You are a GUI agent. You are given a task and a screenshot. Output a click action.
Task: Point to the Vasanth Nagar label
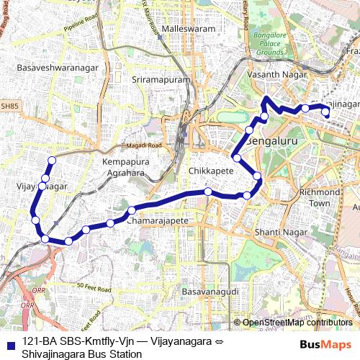[x=276, y=74]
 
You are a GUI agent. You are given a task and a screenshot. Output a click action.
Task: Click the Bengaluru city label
[x=271, y=142]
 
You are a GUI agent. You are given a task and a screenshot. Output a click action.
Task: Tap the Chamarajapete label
[x=157, y=220]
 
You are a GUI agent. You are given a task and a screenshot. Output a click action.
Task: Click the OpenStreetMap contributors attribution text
[x=297, y=323]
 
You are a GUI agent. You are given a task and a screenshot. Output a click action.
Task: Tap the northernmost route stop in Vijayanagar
[x=52, y=160]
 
